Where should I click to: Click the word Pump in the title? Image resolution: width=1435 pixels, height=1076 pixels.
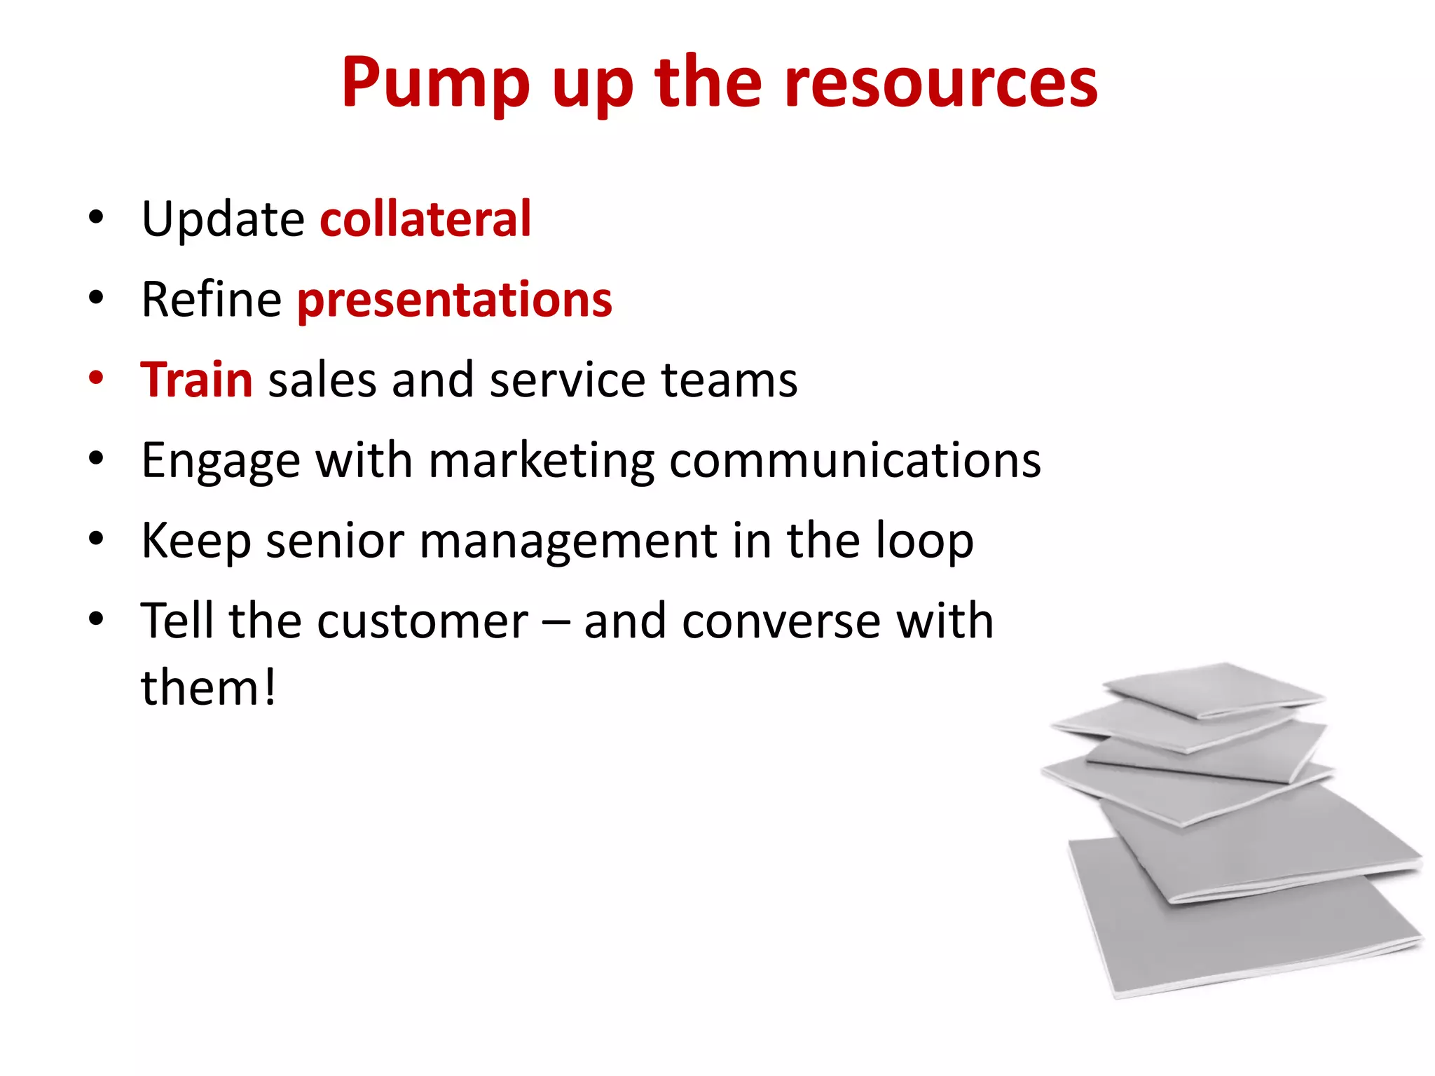tap(434, 84)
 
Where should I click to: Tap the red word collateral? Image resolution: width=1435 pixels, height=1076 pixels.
tap(425, 219)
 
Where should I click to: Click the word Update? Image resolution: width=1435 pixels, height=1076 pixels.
tap(223, 219)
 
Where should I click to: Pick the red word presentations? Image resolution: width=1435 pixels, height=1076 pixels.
tap(455, 300)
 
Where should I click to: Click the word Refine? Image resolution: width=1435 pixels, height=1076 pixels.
tap(211, 300)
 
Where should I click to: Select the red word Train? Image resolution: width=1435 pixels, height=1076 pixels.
tap(196, 380)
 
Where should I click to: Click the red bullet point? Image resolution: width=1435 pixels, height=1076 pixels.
tap(96, 378)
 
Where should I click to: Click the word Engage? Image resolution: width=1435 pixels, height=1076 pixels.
tap(221, 461)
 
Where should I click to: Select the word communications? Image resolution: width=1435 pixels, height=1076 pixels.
tap(855, 461)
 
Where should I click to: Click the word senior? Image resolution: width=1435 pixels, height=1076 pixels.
tap(335, 541)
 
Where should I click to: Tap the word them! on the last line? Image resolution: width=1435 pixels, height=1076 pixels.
tap(208, 688)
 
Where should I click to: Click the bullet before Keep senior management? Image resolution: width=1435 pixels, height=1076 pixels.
tap(96, 539)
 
